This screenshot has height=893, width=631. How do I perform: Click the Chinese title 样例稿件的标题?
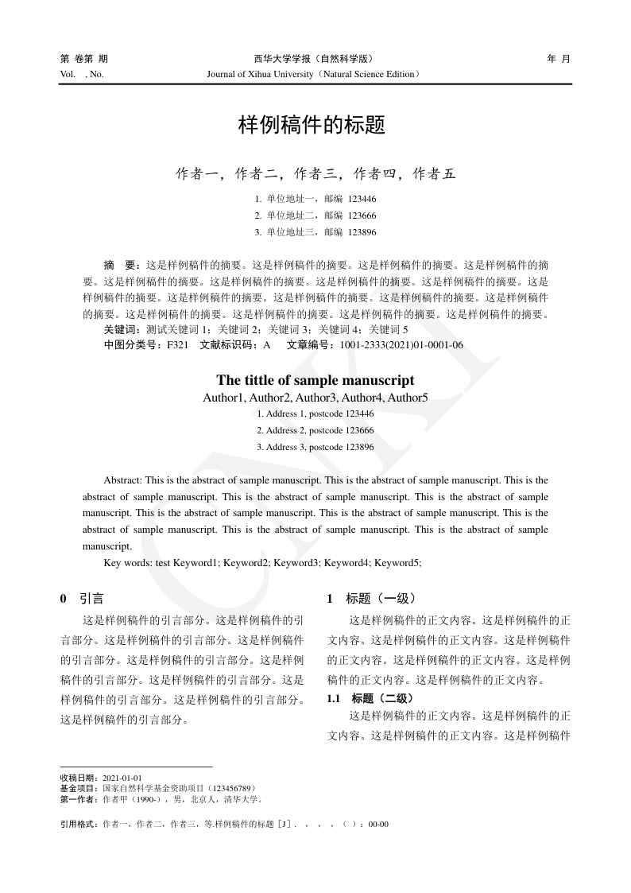[x=312, y=125]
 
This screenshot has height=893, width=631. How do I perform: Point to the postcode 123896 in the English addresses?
[x=360, y=447]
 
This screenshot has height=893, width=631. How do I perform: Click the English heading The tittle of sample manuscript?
[x=315, y=380]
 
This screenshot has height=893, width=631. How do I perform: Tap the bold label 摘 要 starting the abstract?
[x=122, y=264]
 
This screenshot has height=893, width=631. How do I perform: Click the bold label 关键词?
[x=122, y=328]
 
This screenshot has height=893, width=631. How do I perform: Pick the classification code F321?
[x=177, y=344]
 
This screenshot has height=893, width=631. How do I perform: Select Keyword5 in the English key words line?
[x=397, y=562]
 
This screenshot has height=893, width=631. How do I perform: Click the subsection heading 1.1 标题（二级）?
[x=370, y=698]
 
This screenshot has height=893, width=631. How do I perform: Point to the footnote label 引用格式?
[x=79, y=824]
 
